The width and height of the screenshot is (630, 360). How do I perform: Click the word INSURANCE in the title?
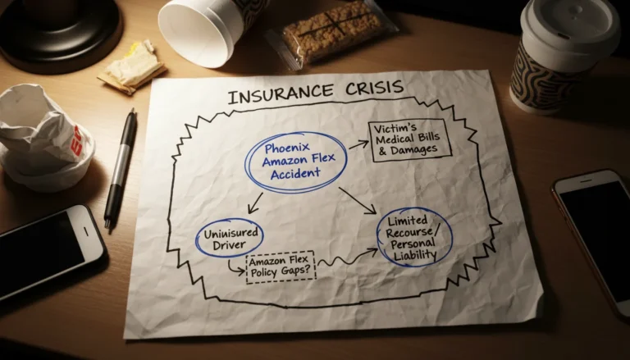(281, 93)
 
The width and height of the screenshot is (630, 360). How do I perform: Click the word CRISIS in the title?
(373, 87)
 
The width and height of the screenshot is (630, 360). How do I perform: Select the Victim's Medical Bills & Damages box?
(410, 140)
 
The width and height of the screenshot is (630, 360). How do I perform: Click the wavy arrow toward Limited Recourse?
(348, 258)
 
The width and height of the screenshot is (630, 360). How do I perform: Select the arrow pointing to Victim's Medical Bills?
(358, 144)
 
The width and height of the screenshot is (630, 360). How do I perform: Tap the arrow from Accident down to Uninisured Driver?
(256, 203)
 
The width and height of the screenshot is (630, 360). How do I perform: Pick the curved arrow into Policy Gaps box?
(235, 268)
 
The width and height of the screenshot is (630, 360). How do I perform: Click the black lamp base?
(60, 30)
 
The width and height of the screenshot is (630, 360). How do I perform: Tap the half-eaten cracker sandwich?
(132, 67)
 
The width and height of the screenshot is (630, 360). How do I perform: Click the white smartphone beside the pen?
(48, 252)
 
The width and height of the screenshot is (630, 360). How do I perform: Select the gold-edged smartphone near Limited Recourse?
(595, 237)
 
